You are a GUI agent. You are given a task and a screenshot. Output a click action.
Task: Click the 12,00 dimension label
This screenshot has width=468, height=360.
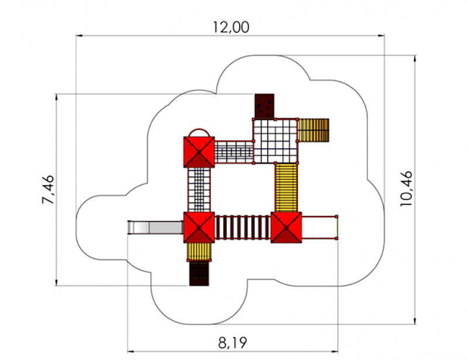click(x=231, y=27)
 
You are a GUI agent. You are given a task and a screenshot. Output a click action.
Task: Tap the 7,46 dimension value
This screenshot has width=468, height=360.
click(x=48, y=190)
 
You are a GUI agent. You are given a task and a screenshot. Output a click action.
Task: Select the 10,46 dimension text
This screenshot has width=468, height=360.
click(x=406, y=188)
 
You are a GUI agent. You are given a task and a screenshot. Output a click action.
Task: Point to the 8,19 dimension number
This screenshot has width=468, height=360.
click(x=232, y=342)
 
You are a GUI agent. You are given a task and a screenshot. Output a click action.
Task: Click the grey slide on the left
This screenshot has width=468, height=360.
click(x=156, y=228)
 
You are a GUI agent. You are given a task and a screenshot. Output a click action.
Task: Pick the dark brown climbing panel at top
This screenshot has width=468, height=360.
click(x=264, y=107)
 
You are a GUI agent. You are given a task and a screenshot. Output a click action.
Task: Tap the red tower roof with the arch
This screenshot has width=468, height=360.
click(x=199, y=152)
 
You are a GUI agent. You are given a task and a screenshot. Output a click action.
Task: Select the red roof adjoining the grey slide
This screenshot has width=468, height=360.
click(x=199, y=227)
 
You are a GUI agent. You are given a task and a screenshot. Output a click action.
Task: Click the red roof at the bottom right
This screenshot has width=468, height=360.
click(x=286, y=227)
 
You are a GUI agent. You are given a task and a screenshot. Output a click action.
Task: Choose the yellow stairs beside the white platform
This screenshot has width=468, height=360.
click(x=314, y=131)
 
